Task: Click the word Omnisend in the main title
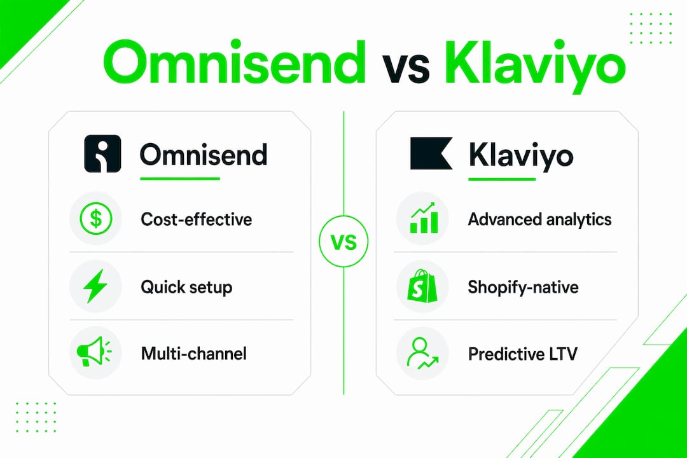(234, 62)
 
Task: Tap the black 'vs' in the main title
(406, 68)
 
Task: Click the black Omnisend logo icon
(102, 153)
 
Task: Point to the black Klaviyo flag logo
(431, 153)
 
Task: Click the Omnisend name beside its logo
(204, 155)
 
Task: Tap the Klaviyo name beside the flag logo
(520, 156)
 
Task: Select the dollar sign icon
(96, 218)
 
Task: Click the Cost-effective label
(197, 219)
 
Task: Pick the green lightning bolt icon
(95, 286)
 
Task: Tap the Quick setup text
(186, 288)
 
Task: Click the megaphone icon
(94, 352)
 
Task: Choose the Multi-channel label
(193, 353)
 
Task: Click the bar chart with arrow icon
(424, 218)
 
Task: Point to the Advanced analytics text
(540, 219)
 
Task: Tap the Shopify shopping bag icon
(422, 286)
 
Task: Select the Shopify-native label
(523, 288)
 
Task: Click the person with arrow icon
(422, 353)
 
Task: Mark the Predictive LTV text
(523, 354)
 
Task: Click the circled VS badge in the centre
(343, 242)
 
